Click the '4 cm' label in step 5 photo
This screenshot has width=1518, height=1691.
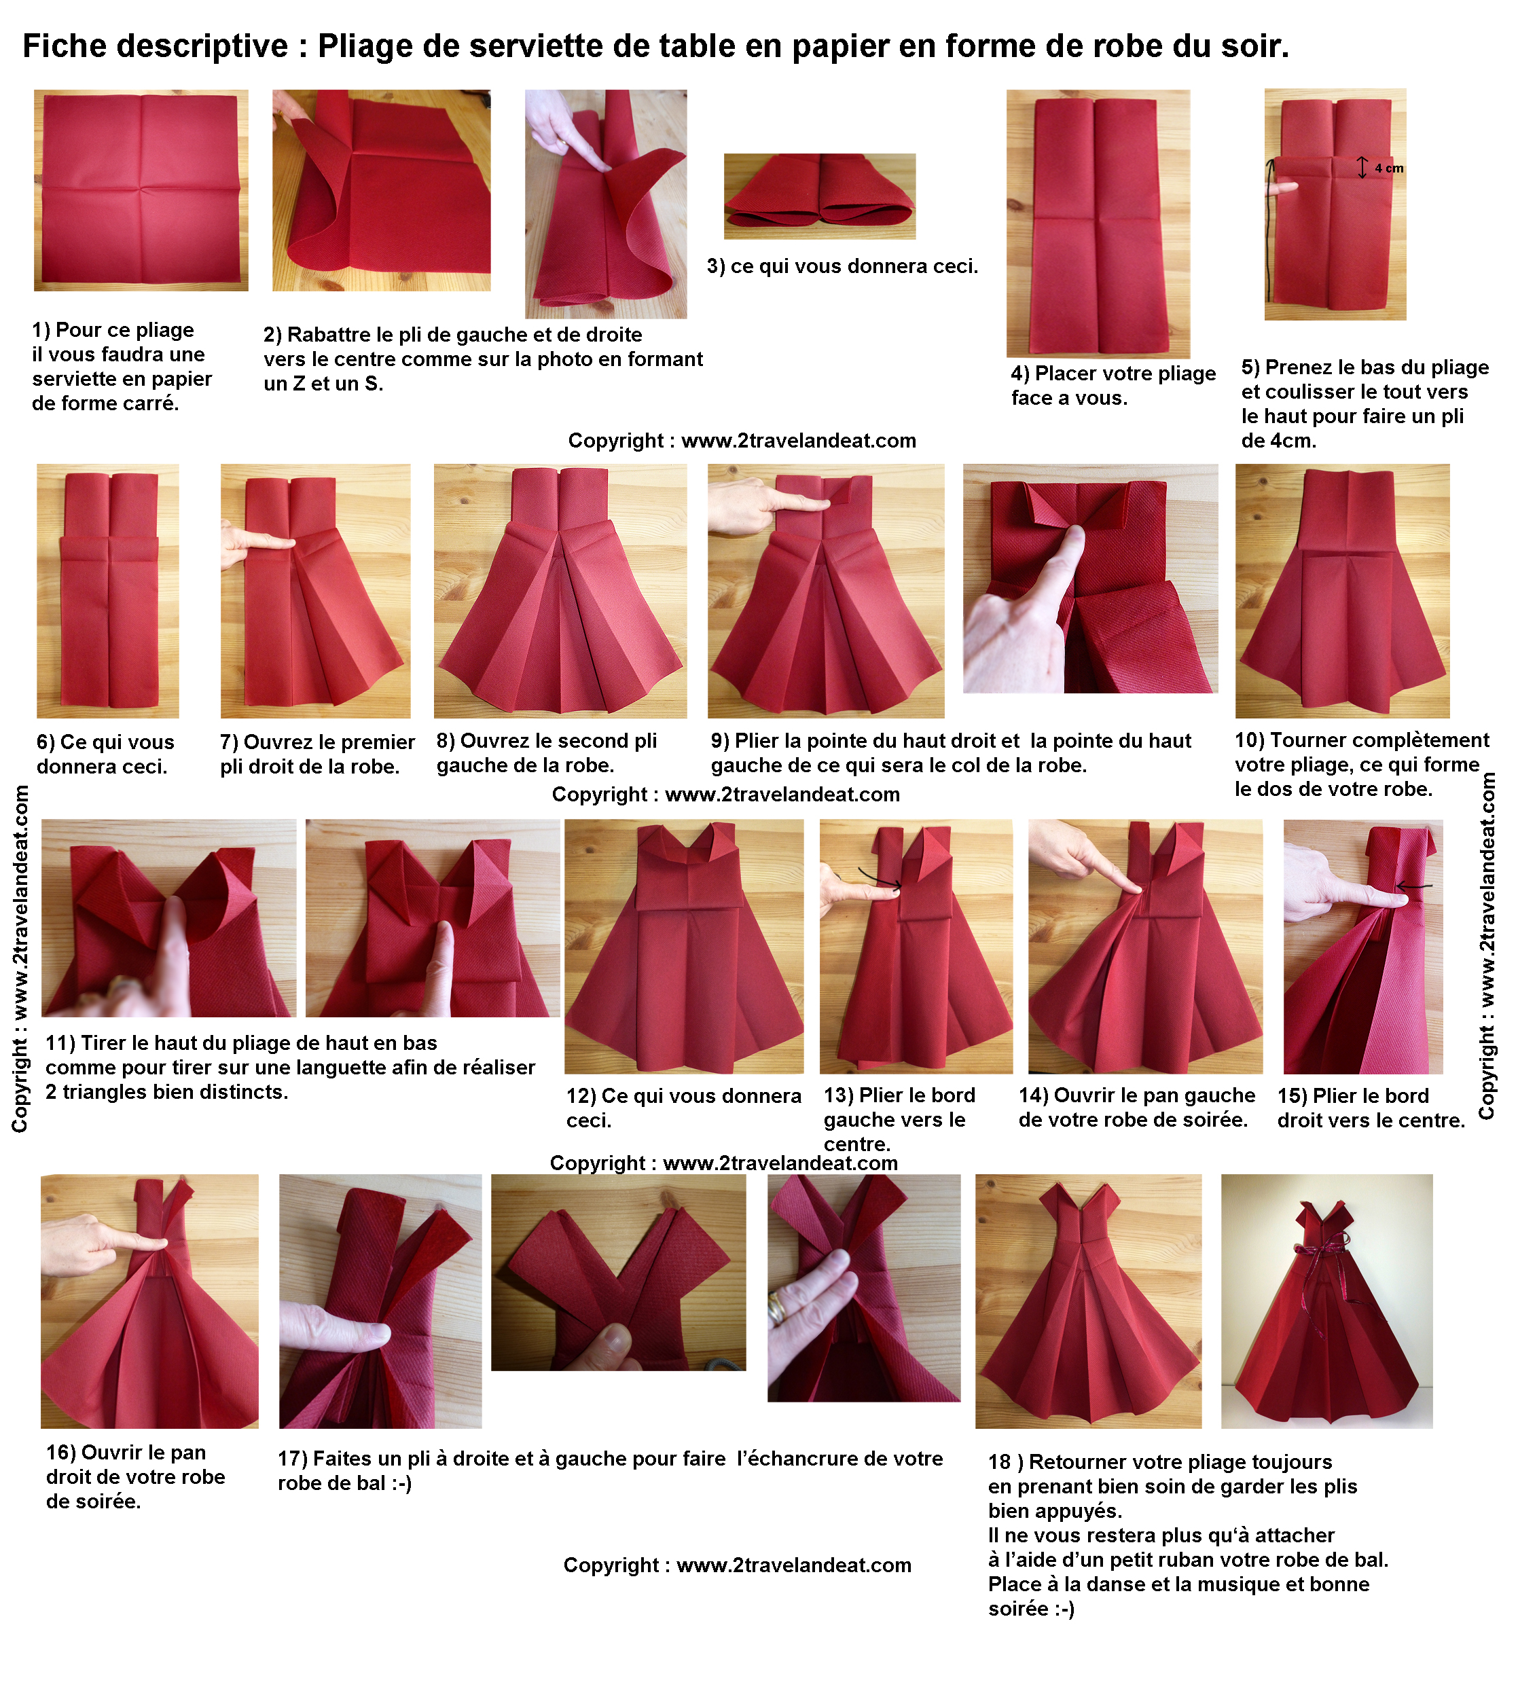coord(1389,168)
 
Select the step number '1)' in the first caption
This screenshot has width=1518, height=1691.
coord(41,330)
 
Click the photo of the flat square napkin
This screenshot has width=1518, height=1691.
coord(141,190)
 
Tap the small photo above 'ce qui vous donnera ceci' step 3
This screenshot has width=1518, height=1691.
coord(820,196)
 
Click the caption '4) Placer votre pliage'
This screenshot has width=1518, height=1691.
coord(1113,374)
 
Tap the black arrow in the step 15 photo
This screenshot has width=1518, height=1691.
coord(1415,886)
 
